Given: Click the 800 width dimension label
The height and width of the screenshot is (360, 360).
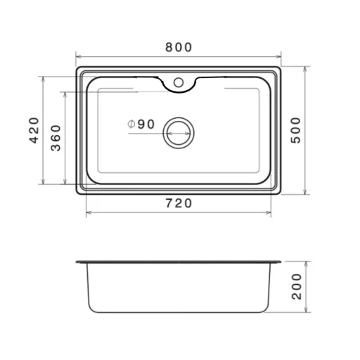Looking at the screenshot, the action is [179, 47].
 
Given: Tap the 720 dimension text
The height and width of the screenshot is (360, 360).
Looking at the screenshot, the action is [179, 203].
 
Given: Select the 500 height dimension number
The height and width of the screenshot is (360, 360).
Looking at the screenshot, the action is [295, 130].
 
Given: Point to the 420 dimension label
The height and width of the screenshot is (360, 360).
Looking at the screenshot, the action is [34, 130].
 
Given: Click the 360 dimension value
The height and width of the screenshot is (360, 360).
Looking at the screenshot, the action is [56, 138].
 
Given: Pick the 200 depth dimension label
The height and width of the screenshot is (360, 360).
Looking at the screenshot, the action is [297, 286].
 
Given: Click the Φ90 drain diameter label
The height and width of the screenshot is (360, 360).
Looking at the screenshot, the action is [141, 124].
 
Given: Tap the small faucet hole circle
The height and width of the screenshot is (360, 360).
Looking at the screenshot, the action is [179, 82].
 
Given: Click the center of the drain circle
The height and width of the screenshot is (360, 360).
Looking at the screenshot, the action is [179, 133].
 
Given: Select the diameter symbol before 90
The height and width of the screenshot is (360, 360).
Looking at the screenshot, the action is [131, 124].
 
